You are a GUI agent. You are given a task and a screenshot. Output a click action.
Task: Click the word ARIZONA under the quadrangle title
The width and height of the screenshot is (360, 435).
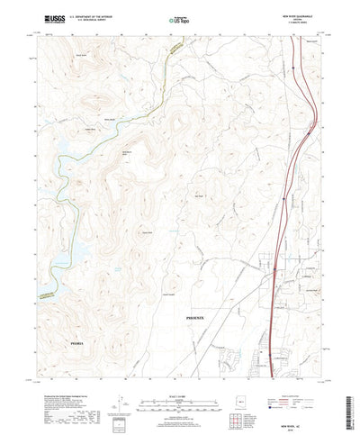[x=293, y=18]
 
